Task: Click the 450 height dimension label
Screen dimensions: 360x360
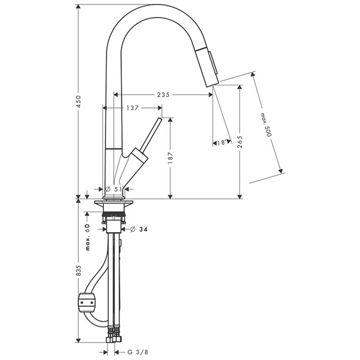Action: coord(78,101)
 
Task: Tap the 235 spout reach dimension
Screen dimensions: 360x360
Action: coord(163,95)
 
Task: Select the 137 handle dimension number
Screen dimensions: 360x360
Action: coord(133,107)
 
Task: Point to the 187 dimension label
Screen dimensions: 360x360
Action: coord(170,158)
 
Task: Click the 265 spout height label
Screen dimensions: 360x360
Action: coord(240,142)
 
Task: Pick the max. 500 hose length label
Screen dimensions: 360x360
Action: coord(266,124)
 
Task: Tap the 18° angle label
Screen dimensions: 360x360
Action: coord(222,142)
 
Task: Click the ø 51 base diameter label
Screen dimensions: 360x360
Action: coord(114,189)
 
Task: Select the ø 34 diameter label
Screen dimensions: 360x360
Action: coord(138,229)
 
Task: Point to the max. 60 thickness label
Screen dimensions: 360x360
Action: coord(87,237)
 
